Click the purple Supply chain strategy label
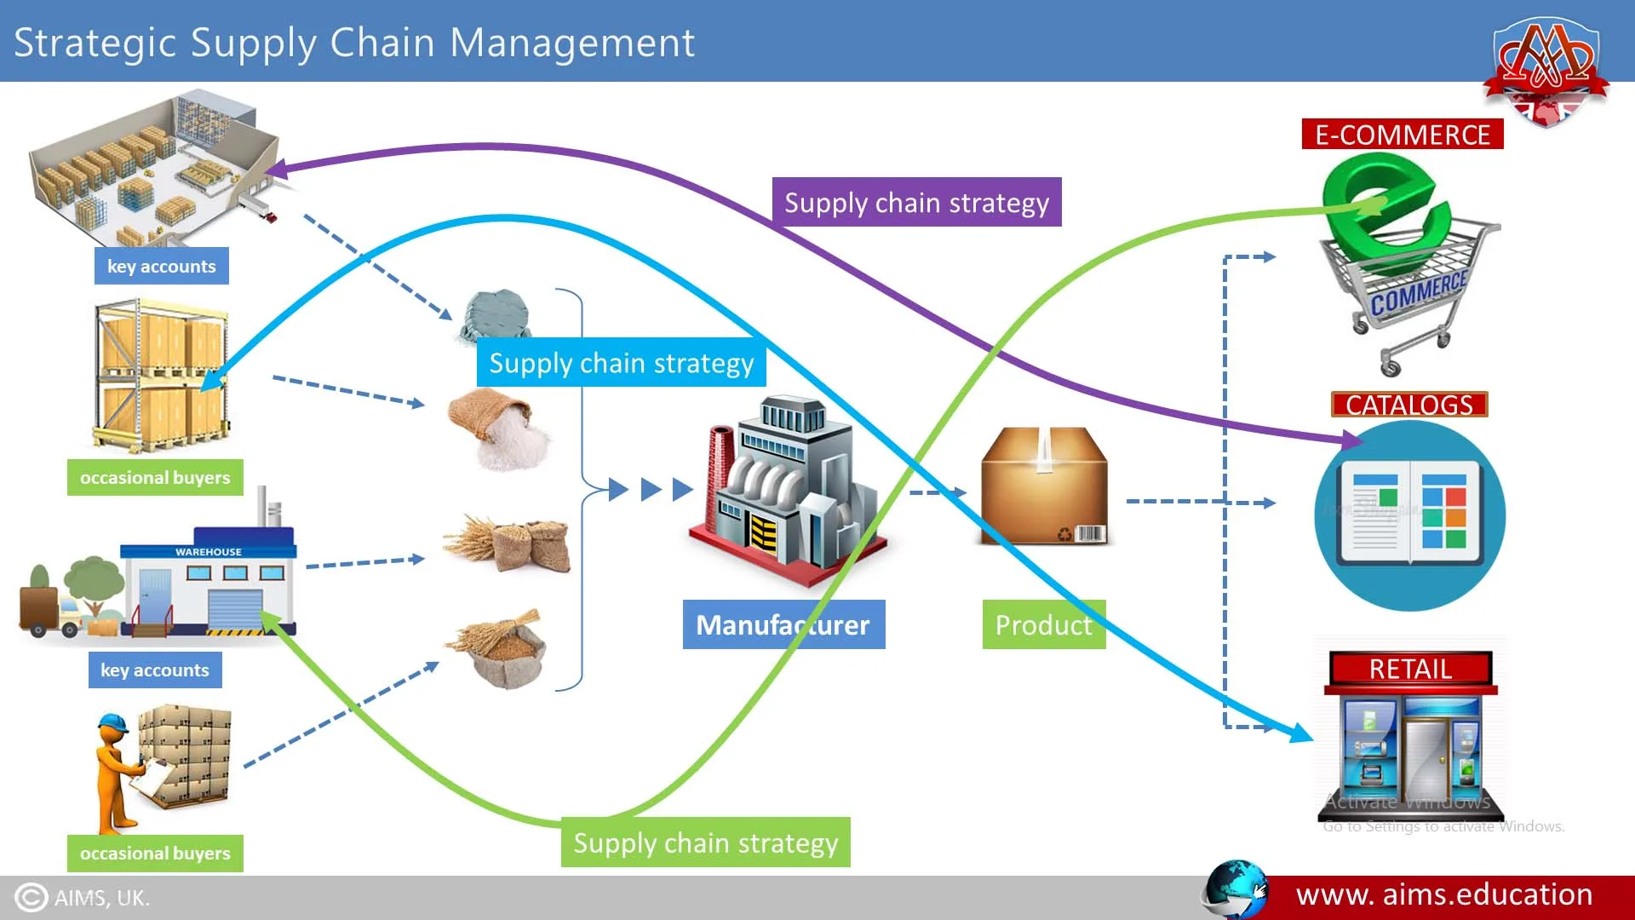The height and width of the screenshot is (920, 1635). (x=916, y=203)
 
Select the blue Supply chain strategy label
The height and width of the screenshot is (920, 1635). (x=621, y=364)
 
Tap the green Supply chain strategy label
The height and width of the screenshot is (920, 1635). (x=705, y=842)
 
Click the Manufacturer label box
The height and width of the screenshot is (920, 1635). (x=783, y=625)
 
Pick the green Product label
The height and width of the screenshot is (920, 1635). (x=1043, y=625)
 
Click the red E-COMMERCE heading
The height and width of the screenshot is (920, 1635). (x=1402, y=135)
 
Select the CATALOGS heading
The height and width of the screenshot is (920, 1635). (x=1409, y=405)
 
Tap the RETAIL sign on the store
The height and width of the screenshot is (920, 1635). (x=1410, y=669)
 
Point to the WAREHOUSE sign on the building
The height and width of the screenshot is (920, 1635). (x=209, y=552)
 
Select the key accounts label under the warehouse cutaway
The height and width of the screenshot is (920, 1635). (x=161, y=267)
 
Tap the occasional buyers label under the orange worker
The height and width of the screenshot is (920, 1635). (x=155, y=853)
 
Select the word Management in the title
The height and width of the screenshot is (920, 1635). (x=572, y=43)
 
